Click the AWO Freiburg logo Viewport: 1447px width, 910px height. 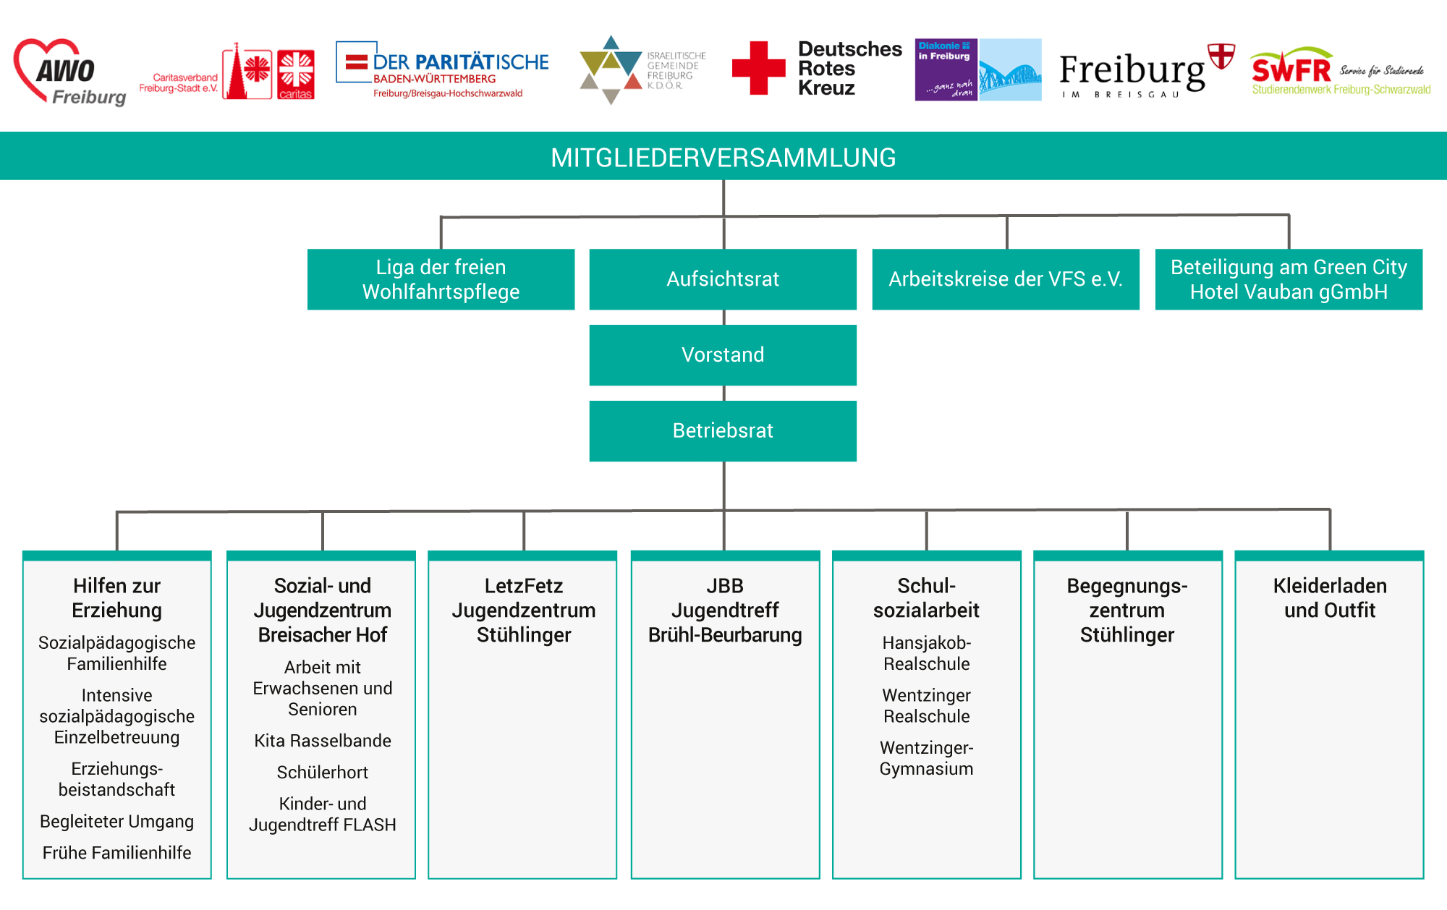coord(70,72)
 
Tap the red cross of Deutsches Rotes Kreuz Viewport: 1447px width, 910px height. coord(758,68)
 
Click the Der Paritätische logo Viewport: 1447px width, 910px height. coord(442,70)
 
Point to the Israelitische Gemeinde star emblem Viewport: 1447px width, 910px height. coord(611,69)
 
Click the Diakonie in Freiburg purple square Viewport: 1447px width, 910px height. coord(946,69)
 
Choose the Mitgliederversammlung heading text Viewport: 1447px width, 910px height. coord(723,158)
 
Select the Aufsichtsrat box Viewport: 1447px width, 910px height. coord(723,279)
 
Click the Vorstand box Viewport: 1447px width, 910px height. coord(723,355)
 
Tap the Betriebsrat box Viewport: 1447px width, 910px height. coord(723,431)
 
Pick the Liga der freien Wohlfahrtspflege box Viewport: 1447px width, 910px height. coord(441,279)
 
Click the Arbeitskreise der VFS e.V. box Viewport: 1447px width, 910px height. coord(1006,279)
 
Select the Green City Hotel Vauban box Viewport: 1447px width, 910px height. coord(1289,279)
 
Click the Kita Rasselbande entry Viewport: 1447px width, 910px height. coord(323,741)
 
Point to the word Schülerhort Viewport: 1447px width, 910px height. coord(323,773)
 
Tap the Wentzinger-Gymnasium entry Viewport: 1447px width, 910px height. coord(926,758)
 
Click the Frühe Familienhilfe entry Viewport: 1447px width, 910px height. coord(116,853)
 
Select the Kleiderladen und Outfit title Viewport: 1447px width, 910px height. coord(1330,598)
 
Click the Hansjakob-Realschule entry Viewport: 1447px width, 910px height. coord(926,653)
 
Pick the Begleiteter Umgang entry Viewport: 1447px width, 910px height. coord(116,822)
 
